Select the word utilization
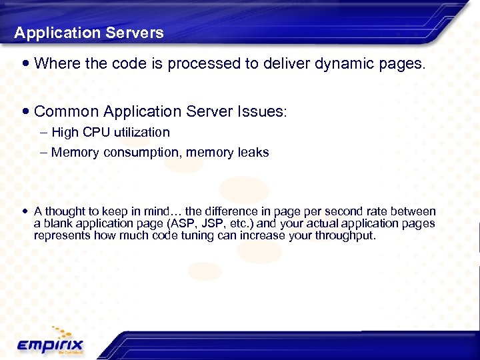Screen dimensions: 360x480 click(141, 133)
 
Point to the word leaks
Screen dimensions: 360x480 click(255, 153)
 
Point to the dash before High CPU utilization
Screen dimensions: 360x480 click(44, 133)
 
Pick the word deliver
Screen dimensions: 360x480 click(273, 64)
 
